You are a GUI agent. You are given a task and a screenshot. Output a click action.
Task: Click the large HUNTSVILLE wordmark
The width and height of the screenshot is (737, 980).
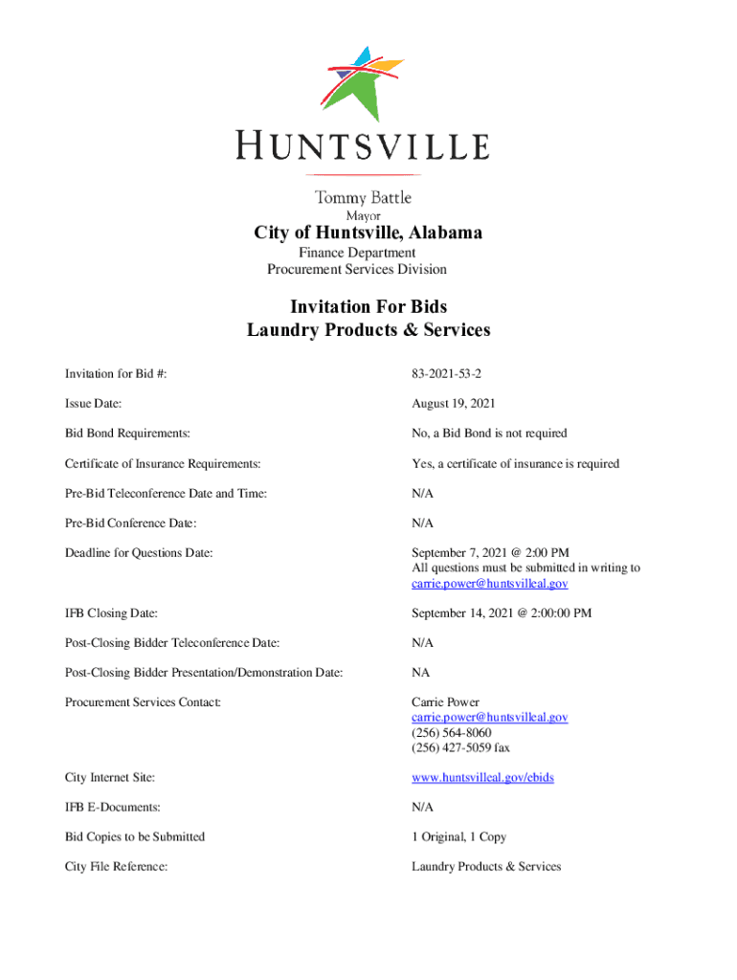coord(364,146)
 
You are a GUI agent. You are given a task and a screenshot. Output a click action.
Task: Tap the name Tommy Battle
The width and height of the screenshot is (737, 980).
coord(364,197)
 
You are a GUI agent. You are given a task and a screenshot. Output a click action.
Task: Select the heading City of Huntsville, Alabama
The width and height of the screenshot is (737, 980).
coord(368,233)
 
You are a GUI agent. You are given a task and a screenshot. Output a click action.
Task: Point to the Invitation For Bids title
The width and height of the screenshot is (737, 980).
coord(368,306)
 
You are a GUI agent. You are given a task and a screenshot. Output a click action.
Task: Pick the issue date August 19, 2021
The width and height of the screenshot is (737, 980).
coord(454,404)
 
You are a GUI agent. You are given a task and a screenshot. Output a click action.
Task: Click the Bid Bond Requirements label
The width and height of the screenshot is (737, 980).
coord(127,434)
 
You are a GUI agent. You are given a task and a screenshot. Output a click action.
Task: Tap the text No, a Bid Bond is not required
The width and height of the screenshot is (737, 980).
coord(489,434)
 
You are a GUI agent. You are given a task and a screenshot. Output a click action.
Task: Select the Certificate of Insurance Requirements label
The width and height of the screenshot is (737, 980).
coord(163,463)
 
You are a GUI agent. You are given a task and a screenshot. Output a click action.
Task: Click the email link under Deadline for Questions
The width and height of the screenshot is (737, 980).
coord(490,583)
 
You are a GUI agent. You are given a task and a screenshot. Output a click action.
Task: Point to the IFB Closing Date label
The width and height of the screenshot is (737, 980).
coord(111,612)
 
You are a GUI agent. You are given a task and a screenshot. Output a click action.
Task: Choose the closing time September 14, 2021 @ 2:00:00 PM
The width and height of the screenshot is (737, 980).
coord(502,612)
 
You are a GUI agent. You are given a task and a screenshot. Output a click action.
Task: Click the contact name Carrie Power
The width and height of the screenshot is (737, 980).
coord(446,702)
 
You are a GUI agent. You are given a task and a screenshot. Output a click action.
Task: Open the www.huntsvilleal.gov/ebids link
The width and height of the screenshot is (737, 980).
coord(482,777)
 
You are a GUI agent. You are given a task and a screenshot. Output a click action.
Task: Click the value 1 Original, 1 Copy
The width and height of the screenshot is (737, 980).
coord(459,836)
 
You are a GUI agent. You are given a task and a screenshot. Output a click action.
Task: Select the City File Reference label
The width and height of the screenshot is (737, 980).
coord(117,866)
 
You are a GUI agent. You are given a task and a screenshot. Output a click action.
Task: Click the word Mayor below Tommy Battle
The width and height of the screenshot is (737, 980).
coord(364,215)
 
